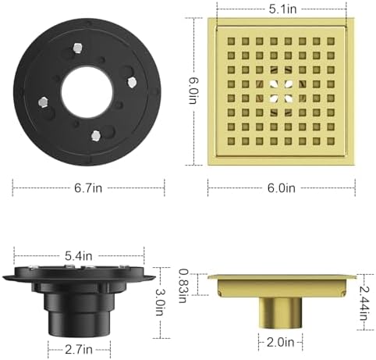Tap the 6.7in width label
(x=88, y=187)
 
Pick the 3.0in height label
(x=161, y=301)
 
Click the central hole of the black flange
(x=85, y=98)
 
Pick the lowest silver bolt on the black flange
(x=94, y=137)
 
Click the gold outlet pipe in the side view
(x=280, y=312)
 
